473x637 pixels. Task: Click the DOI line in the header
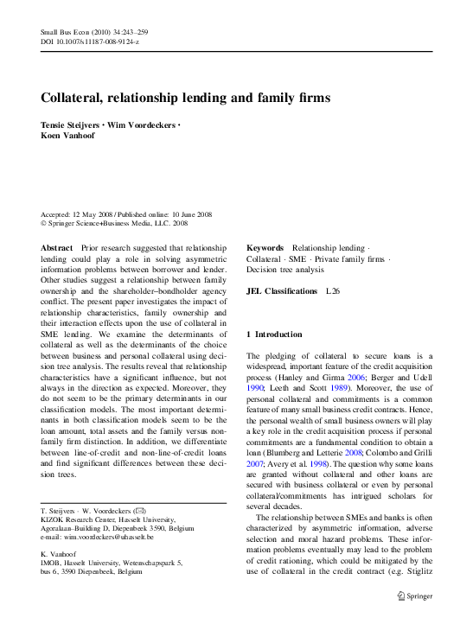(x=90, y=41)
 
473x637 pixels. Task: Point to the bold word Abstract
(x=57, y=248)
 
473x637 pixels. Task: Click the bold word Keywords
(x=265, y=248)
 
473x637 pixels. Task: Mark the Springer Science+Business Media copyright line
(x=115, y=223)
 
